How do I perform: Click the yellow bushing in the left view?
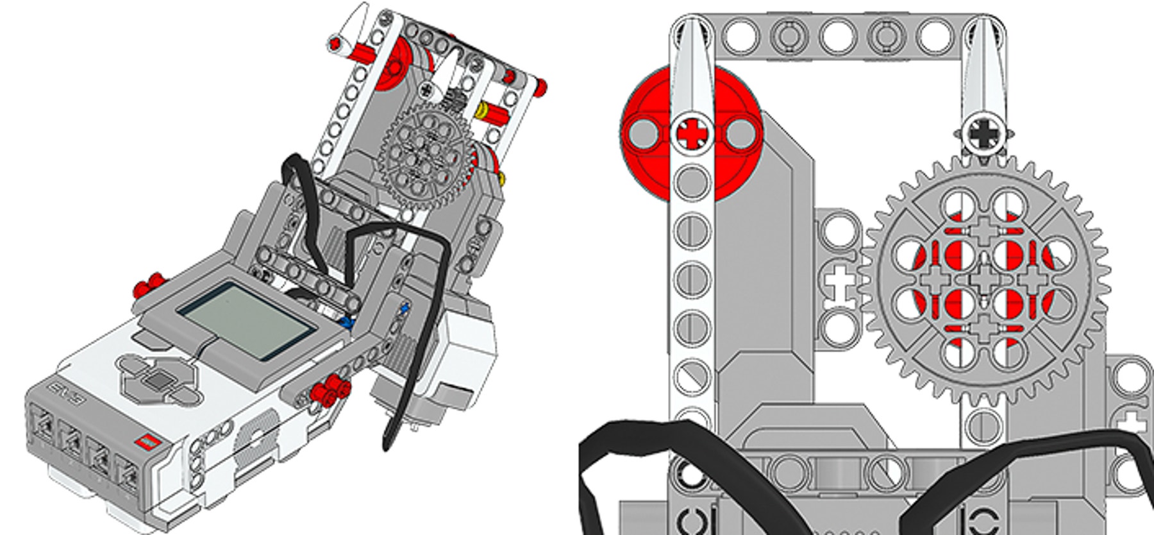point(482,110)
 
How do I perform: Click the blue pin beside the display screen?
point(348,323)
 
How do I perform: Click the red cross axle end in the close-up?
point(691,133)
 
